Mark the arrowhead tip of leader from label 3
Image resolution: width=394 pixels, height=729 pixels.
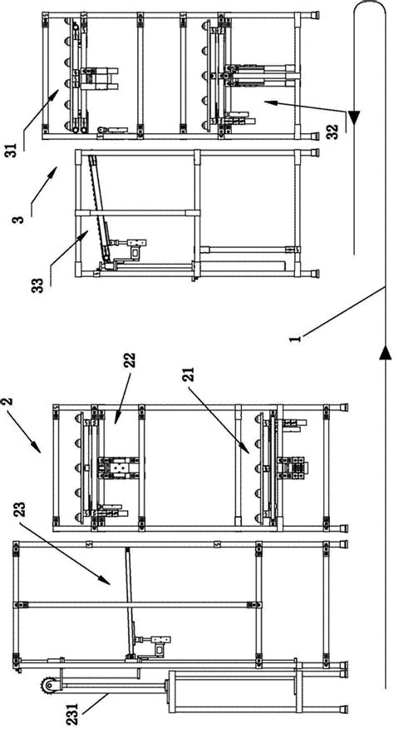[56, 167]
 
